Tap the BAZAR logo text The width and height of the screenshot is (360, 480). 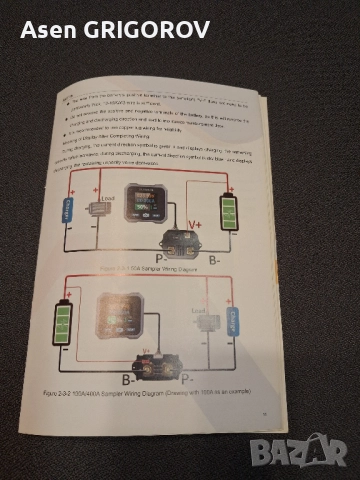point(300,457)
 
